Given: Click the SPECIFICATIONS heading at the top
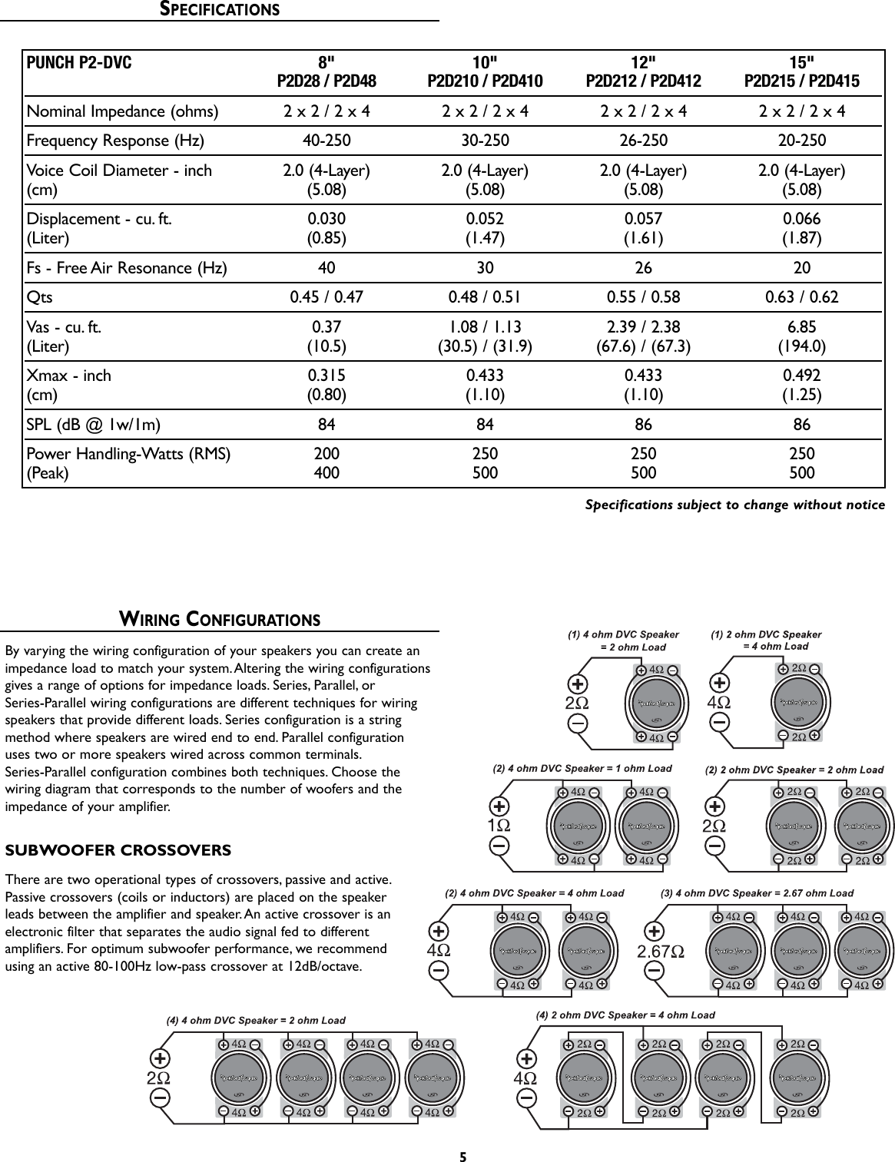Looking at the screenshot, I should pos(219,10).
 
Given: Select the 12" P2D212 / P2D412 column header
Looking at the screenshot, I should pos(643,72).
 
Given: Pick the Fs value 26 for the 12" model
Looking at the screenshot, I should pos(643,268).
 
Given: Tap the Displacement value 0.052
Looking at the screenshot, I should pos(485,219).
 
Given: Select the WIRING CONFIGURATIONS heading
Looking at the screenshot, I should pos(219,619).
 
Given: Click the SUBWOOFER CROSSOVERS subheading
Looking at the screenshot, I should pos(118,851).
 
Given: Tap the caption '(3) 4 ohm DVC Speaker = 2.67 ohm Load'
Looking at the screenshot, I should pos(757,893).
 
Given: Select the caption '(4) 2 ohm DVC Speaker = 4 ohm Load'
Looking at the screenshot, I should pos(625,1015).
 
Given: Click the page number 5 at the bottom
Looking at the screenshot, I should pos(463,1156).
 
